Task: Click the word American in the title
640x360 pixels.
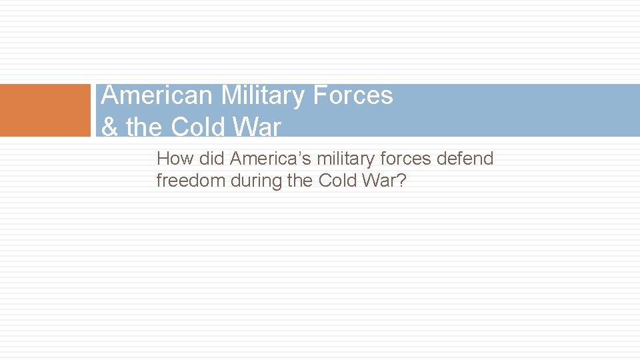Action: [x=157, y=96]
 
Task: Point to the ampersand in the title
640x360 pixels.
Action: [x=109, y=127]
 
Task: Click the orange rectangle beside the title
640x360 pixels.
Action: [x=45, y=110]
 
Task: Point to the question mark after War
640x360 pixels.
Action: [x=400, y=181]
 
